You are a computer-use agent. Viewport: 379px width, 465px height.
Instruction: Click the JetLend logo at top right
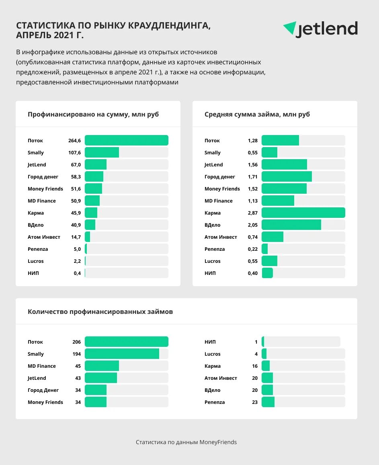(320, 29)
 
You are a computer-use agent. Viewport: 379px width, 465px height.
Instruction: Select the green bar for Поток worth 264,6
(126, 140)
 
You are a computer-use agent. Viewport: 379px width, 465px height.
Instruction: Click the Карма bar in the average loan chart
(303, 213)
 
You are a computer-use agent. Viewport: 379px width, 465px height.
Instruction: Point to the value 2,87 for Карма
(252, 213)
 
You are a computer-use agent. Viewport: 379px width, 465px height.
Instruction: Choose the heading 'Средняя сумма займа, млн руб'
(257, 115)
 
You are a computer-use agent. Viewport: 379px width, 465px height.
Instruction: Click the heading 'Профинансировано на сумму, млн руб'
(93, 115)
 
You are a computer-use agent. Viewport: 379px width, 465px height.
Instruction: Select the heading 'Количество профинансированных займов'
(100, 311)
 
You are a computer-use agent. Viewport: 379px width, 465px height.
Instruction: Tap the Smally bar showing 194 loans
(122, 354)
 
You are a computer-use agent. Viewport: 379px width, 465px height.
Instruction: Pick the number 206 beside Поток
(76, 342)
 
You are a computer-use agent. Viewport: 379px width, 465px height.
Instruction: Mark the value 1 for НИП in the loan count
(256, 342)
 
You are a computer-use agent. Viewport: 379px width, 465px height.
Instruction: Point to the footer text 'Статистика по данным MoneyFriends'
(186, 442)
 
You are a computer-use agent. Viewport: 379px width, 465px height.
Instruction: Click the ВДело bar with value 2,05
(291, 225)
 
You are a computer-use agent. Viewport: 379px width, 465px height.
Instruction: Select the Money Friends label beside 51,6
(45, 189)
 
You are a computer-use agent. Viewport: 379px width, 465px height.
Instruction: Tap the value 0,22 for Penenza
(252, 249)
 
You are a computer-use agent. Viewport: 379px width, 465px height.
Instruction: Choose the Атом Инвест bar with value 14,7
(87, 237)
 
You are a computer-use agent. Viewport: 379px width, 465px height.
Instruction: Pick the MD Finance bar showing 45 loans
(102, 366)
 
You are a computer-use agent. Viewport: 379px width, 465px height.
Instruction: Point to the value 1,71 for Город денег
(252, 177)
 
